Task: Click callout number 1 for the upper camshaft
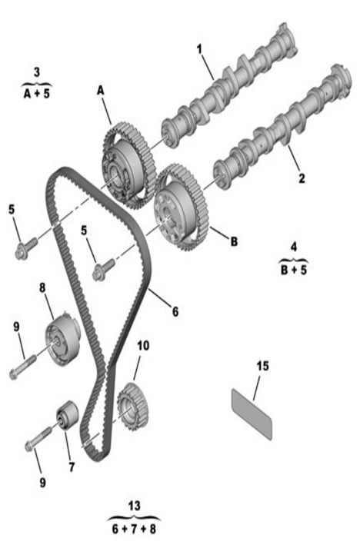tap(199, 49)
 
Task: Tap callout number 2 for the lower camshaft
tap(302, 178)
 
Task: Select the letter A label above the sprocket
tap(101, 91)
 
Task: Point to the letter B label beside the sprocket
tap(234, 241)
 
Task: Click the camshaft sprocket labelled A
tap(128, 165)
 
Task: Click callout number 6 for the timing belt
tap(175, 311)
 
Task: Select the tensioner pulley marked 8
tap(63, 338)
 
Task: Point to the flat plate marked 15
tap(252, 413)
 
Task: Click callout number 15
tap(263, 366)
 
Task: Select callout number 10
tap(143, 346)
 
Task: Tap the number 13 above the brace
tap(135, 506)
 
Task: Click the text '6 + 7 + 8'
tap(134, 529)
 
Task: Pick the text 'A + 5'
tap(37, 94)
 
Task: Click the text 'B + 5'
tap(294, 270)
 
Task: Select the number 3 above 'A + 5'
tap(37, 72)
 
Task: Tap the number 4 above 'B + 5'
tap(294, 247)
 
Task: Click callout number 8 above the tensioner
tap(42, 288)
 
